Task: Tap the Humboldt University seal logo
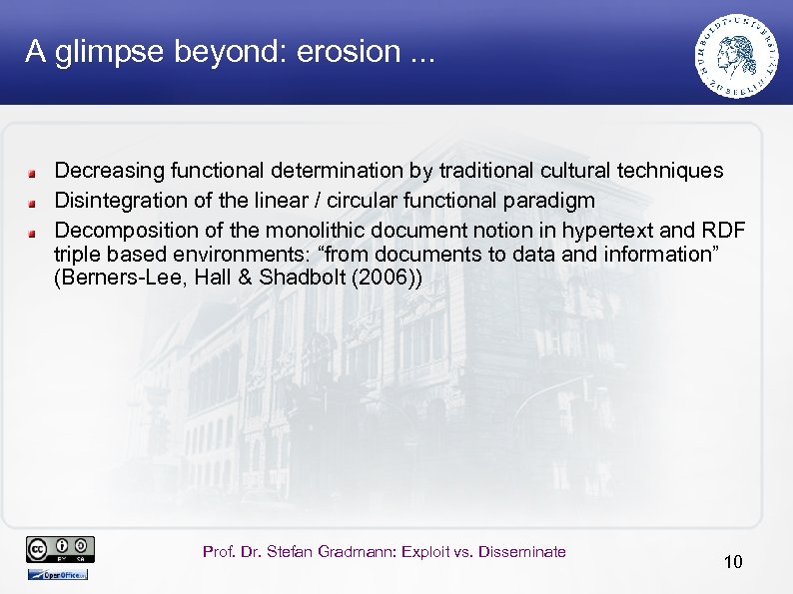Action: pyautogui.click(x=737, y=55)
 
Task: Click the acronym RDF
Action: pyautogui.click(x=722, y=227)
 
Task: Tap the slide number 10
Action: pyautogui.click(x=733, y=562)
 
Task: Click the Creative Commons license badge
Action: pyautogui.click(x=60, y=549)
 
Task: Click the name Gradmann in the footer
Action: pyautogui.click(x=346, y=552)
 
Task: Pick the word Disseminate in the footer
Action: pyautogui.click(x=522, y=552)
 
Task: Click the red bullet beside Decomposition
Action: pyautogui.click(x=33, y=230)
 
